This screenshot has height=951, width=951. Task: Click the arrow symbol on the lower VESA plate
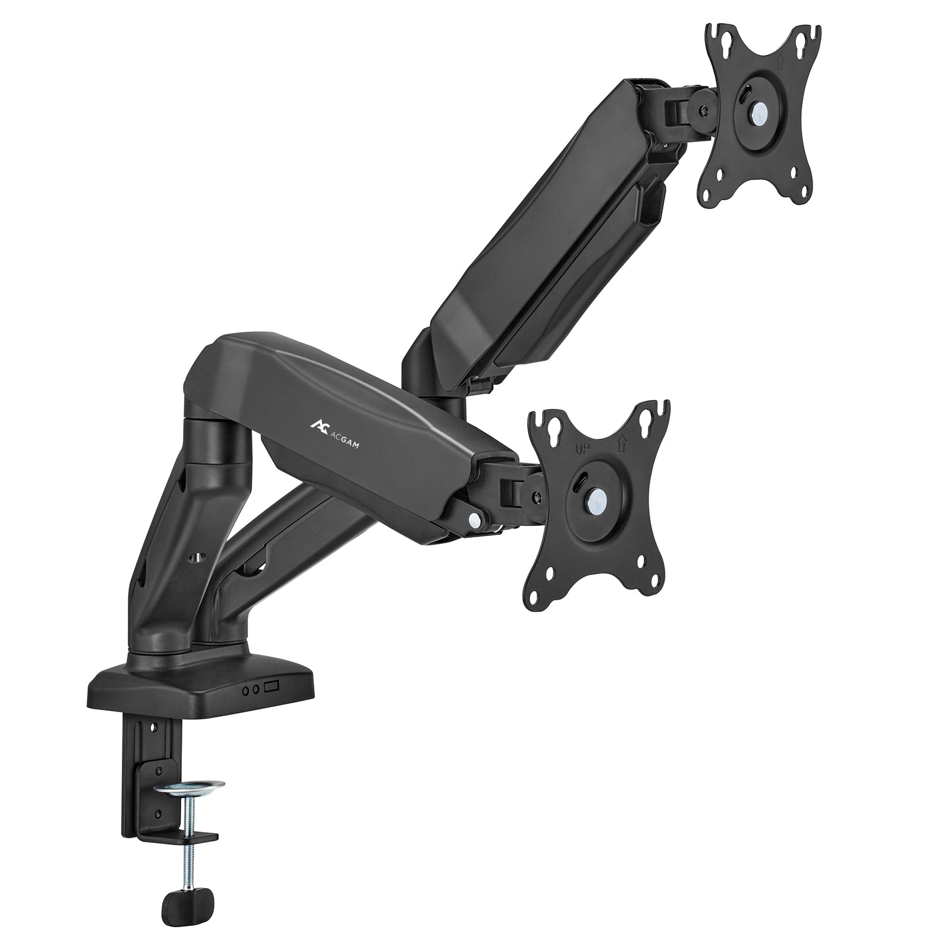click(621, 443)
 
